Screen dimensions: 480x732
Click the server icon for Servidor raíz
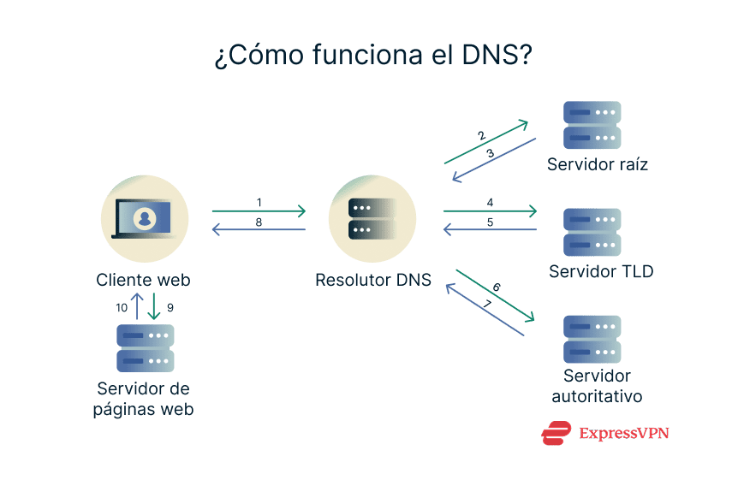(592, 125)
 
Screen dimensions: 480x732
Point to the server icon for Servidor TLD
(592, 232)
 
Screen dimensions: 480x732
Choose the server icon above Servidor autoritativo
(592, 339)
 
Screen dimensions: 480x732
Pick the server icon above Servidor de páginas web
(145, 347)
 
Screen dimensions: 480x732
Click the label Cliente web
(143, 280)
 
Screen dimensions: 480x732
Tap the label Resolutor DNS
(373, 280)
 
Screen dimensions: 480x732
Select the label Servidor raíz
(598, 164)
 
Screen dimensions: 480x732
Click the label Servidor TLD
(601, 272)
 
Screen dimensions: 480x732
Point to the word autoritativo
(597, 396)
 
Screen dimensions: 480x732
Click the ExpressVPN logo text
(623, 434)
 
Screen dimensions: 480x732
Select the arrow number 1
(259, 203)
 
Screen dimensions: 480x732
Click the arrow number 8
(259, 222)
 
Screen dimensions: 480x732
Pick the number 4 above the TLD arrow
(490, 203)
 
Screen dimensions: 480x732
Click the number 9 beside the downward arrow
(170, 305)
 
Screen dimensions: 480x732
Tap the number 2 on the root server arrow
(481, 135)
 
